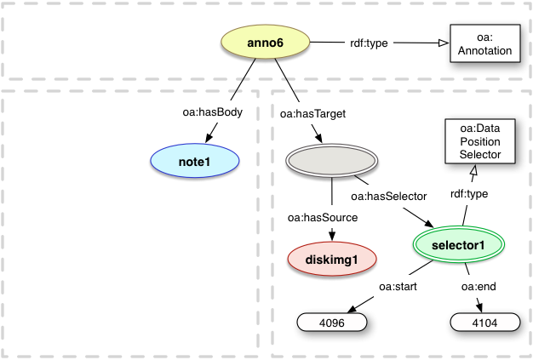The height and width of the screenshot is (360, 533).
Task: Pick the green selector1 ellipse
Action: point(459,245)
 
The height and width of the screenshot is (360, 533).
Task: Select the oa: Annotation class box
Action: point(483,44)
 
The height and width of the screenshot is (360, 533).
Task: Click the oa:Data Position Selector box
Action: point(473,141)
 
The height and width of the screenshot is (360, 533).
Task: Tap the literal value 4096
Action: point(331,323)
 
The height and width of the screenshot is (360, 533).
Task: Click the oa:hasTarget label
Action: point(304,111)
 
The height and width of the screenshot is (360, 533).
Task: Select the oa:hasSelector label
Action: point(387,197)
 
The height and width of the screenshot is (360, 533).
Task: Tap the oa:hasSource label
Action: point(322,219)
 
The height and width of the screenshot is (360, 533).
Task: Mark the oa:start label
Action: point(398,287)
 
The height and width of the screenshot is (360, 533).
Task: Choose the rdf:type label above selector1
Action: point(468,194)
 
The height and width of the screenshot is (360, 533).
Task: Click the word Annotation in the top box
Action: point(483,51)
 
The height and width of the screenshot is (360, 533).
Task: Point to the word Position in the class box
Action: point(473,141)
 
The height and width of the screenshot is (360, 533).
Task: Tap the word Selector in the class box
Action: point(473,154)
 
